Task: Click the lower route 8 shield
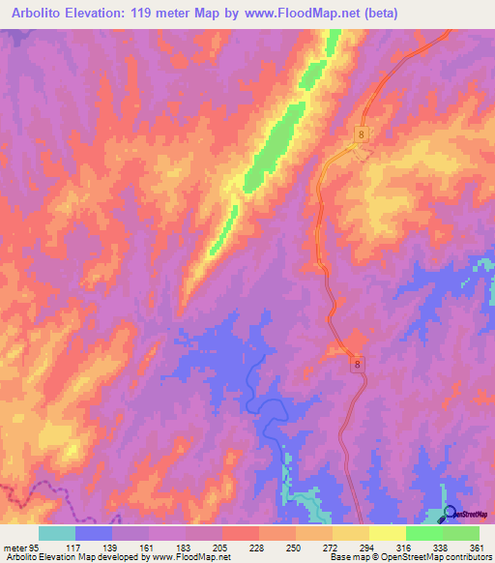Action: pyautogui.click(x=358, y=364)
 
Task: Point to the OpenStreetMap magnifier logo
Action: pyautogui.click(x=451, y=513)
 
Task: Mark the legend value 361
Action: pyautogui.click(x=474, y=548)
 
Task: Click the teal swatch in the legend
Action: pyautogui.click(x=56, y=533)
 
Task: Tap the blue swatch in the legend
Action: pyautogui.click(x=93, y=533)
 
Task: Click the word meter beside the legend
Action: pyautogui.click(x=15, y=548)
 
